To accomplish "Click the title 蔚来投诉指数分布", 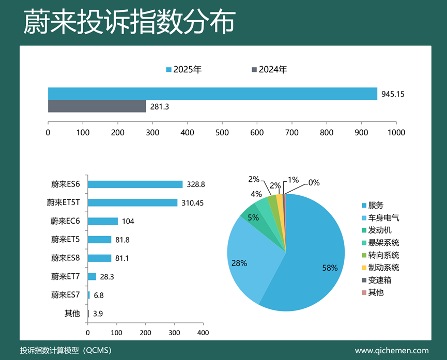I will tap(129, 22).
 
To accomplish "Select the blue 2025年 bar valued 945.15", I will tap(212, 93).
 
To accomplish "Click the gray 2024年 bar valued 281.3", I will tap(97, 106).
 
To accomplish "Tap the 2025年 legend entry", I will tap(184, 70).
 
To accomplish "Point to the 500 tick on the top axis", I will tap(222, 132).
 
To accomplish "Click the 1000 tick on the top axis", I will tap(396, 132).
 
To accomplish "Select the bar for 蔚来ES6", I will tap(135, 184).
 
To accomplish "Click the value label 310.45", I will tap(192, 203).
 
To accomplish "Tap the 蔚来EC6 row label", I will tap(66, 221).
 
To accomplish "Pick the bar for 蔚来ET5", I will tap(99, 240).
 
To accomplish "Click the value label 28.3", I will tap(107, 277).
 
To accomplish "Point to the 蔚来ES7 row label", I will tap(66, 295).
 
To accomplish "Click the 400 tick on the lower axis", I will tap(203, 332).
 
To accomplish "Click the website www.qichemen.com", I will tap(391, 350).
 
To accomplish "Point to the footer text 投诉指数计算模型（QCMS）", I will tap(66, 350).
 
